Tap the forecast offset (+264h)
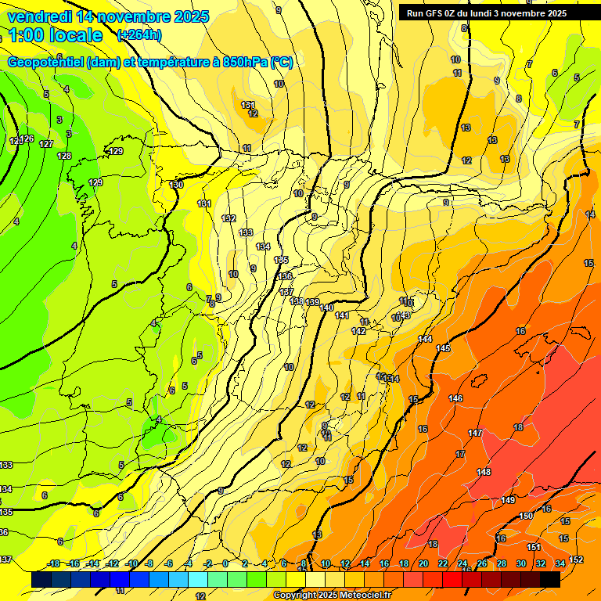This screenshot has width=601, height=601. pyautogui.click(x=139, y=34)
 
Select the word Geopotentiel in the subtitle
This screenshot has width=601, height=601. pyautogui.click(x=46, y=63)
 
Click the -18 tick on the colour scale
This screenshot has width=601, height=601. pyautogui.click(x=53, y=563)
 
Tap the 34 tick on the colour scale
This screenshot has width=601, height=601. pyautogui.click(x=560, y=563)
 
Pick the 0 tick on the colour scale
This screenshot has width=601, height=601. pyautogui.click(x=225, y=563)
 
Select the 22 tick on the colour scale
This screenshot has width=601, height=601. pyautogui.click(x=443, y=563)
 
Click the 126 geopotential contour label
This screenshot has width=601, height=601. pyautogui.click(x=27, y=139)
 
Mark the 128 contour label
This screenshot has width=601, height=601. pyautogui.click(x=64, y=156)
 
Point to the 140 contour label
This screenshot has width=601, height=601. pyautogui.click(x=326, y=308)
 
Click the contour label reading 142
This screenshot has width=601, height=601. pyautogui.click(x=358, y=331)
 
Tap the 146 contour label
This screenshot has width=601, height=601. pyautogui.click(x=455, y=398)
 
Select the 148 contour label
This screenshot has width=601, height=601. pyautogui.click(x=484, y=472)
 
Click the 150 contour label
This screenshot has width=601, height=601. pyautogui.click(x=526, y=516)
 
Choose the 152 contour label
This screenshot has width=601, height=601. pyautogui.click(x=576, y=559)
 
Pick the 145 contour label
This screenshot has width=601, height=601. pyautogui.click(x=443, y=348)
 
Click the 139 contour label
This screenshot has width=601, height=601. pyautogui.click(x=312, y=302)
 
